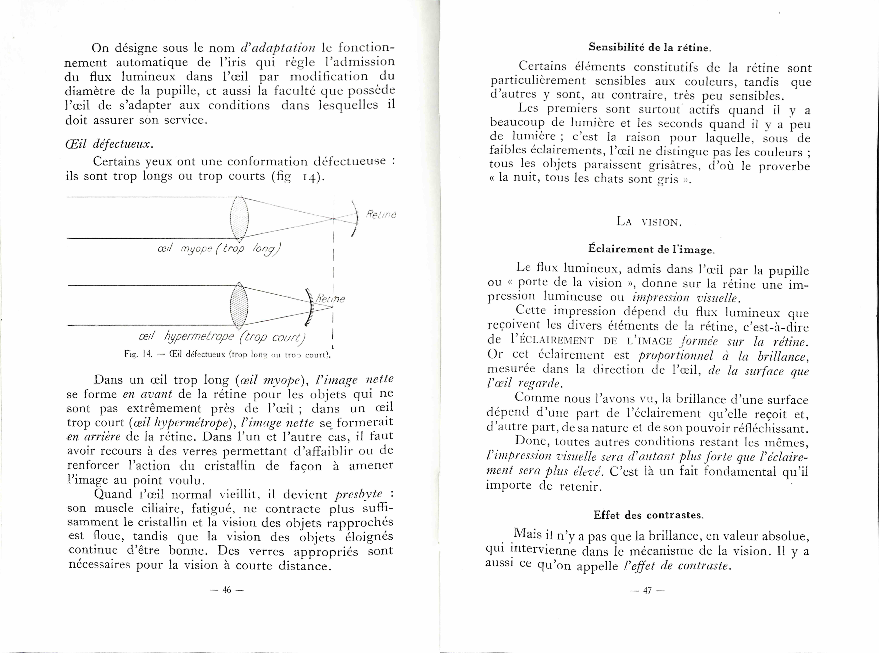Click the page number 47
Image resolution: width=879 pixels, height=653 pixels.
[x=647, y=591]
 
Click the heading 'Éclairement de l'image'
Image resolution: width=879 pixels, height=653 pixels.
[x=652, y=249]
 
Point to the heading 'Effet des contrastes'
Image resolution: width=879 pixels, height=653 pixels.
[x=648, y=515]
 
